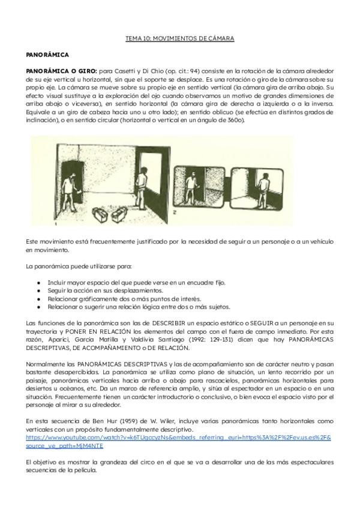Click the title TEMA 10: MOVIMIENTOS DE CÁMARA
coord(179,38)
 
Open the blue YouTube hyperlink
coord(178,438)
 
